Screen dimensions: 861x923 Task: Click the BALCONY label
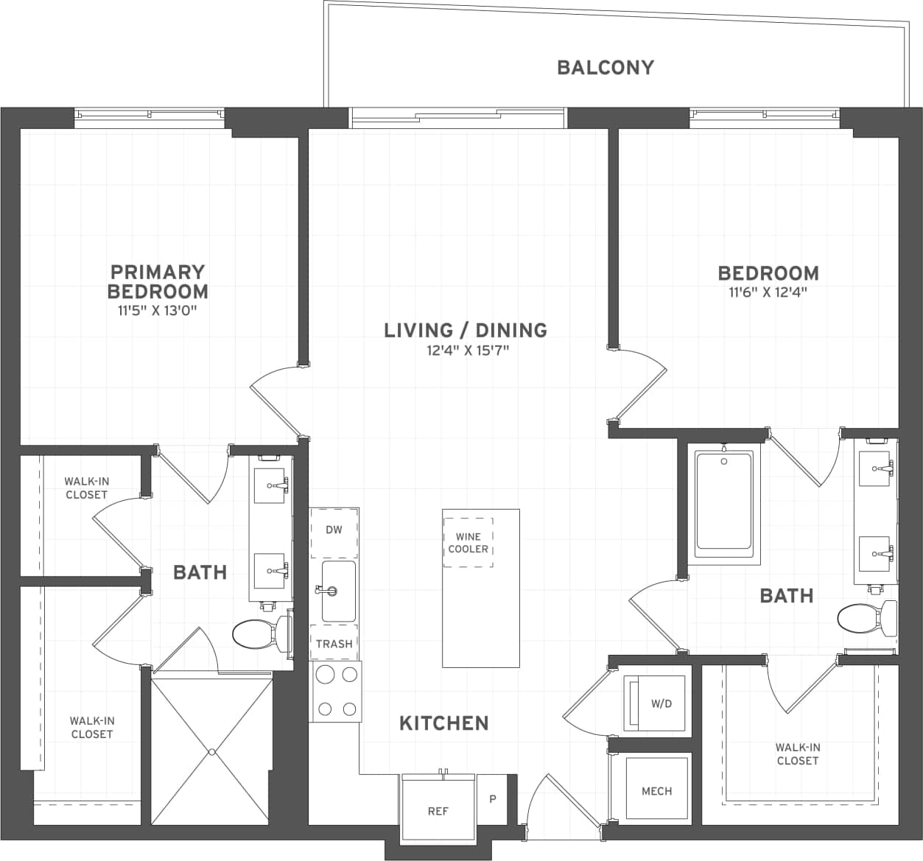[605, 68]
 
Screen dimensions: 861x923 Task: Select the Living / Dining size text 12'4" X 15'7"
[468, 351]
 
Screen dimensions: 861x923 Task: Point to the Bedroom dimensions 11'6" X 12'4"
[768, 292]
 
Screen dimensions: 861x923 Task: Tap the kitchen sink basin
[339, 591]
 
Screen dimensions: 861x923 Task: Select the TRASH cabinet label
[334, 643]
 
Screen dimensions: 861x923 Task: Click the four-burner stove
[336, 692]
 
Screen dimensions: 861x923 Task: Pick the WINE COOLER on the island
[468, 543]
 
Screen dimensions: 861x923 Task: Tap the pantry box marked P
[493, 798]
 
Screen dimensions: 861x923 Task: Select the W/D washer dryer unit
[656, 704]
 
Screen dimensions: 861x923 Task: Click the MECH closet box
[656, 790]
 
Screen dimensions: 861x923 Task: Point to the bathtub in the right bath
[724, 502]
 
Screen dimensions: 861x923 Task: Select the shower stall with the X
[211, 751]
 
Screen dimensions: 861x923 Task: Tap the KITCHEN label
[443, 723]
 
